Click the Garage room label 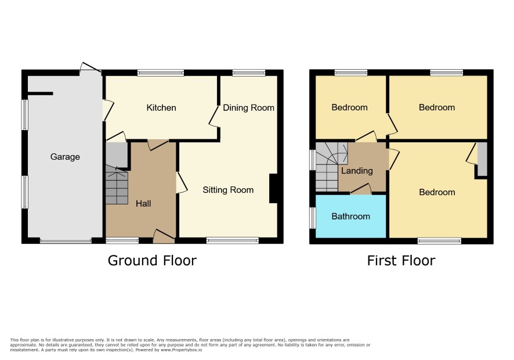[x=65, y=157]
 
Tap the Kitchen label [x=161, y=107]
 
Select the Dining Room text [x=248, y=107]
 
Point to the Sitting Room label [x=228, y=190]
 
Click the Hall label [x=143, y=203]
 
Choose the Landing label [x=357, y=171]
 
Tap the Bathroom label [x=350, y=216]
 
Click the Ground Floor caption [x=152, y=261]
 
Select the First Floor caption [x=401, y=261]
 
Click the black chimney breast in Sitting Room [x=274, y=188]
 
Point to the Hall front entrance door [x=164, y=236]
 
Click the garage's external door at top [x=90, y=67]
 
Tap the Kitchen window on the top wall [x=161, y=73]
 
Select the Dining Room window [x=249, y=73]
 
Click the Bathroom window [x=313, y=218]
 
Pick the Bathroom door [x=361, y=189]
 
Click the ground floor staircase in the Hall [x=117, y=185]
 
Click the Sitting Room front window [x=233, y=241]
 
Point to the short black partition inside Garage [x=41, y=93]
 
